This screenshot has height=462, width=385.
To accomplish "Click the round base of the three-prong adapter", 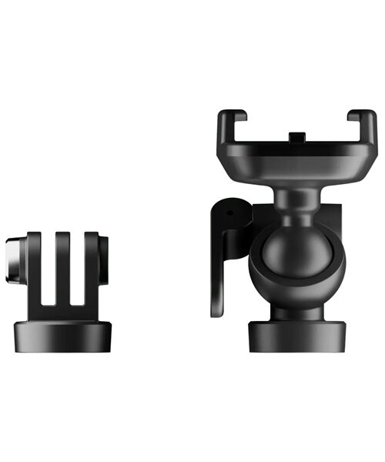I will pos(63,336).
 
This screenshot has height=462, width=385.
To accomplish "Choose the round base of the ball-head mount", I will pos(296,336).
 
